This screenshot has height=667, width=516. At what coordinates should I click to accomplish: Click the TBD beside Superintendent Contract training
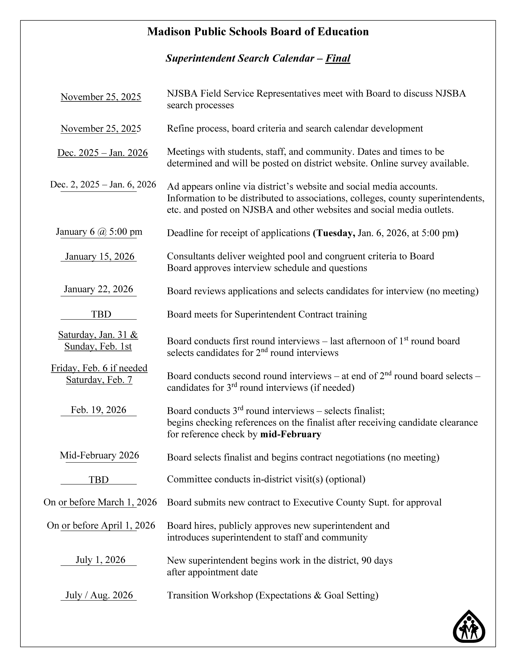[101, 314]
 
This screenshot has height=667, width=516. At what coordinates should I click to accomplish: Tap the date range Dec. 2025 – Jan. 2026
[102, 153]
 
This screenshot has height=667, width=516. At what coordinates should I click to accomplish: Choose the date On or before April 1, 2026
[101, 525]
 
